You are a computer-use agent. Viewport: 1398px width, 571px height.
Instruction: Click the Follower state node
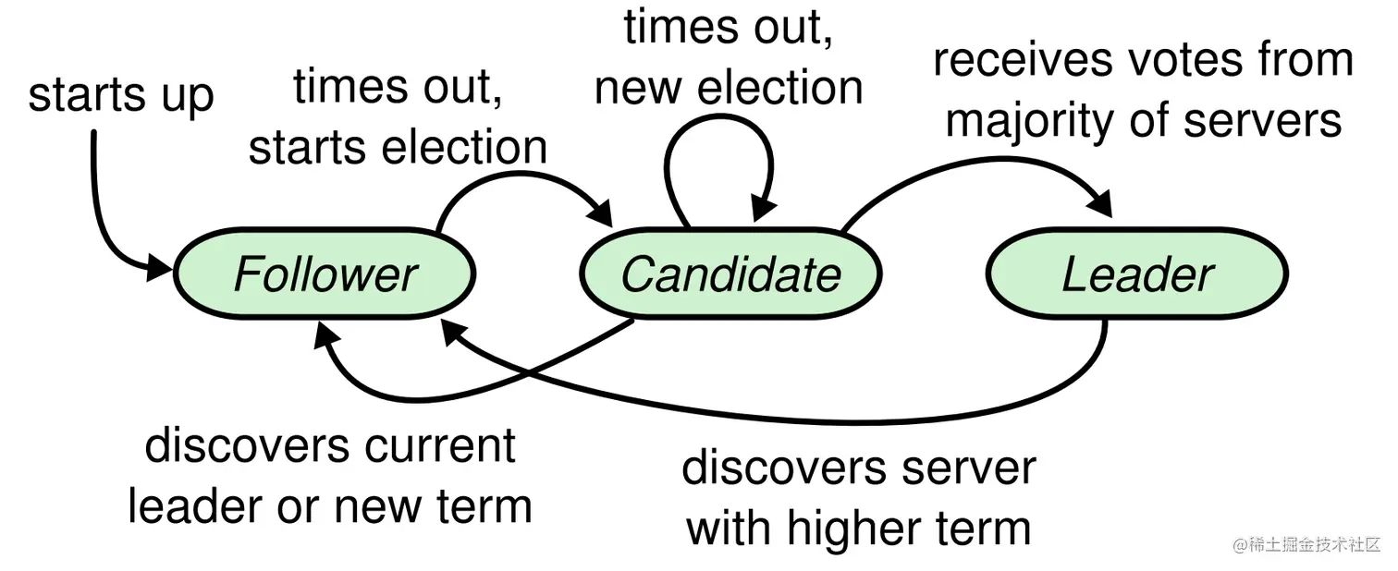[325, 274]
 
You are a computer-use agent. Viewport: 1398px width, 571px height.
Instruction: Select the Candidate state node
[730, 274]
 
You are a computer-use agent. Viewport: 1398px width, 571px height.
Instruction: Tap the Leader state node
[1137, 274]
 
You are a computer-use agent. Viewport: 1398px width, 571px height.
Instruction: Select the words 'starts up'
[121, 96]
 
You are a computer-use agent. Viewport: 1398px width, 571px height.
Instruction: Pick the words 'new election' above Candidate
[729, 88]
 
